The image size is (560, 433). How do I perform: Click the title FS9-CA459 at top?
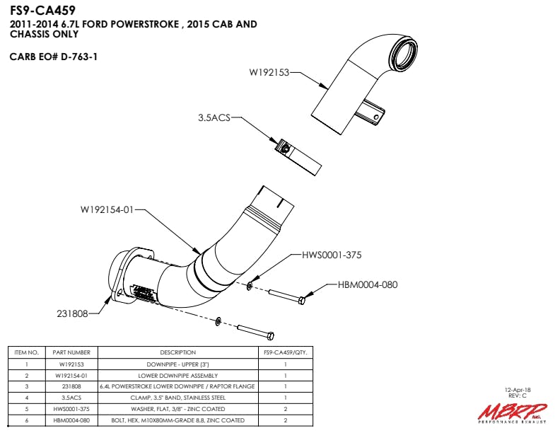pyautogui.click(x=42, y=11)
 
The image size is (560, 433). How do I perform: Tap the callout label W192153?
pyautogui.click(x=269, y=72)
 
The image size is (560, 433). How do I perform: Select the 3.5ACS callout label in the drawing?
pyautogui.click(x=214, y=119)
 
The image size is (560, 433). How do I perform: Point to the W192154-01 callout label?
pyautogui.click(x=107, y=209)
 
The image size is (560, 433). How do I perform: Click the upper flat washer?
pyautogui.click(x=250, y=286)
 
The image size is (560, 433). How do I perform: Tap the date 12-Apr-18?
pyautogui.click(x=517, y=390)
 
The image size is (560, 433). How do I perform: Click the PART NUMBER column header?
pyautogui.click(x=71, y=352)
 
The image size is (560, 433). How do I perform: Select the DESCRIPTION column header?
pyautogui.click(x=177, y=352)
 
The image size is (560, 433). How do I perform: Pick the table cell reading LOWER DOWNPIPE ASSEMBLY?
pyautogui.click(x=177, y=375)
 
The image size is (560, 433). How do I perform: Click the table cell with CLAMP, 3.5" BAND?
pyautogui.click(x=177, y=398)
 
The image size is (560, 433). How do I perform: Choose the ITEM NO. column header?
pyautogui.click(x=25, y=352)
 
